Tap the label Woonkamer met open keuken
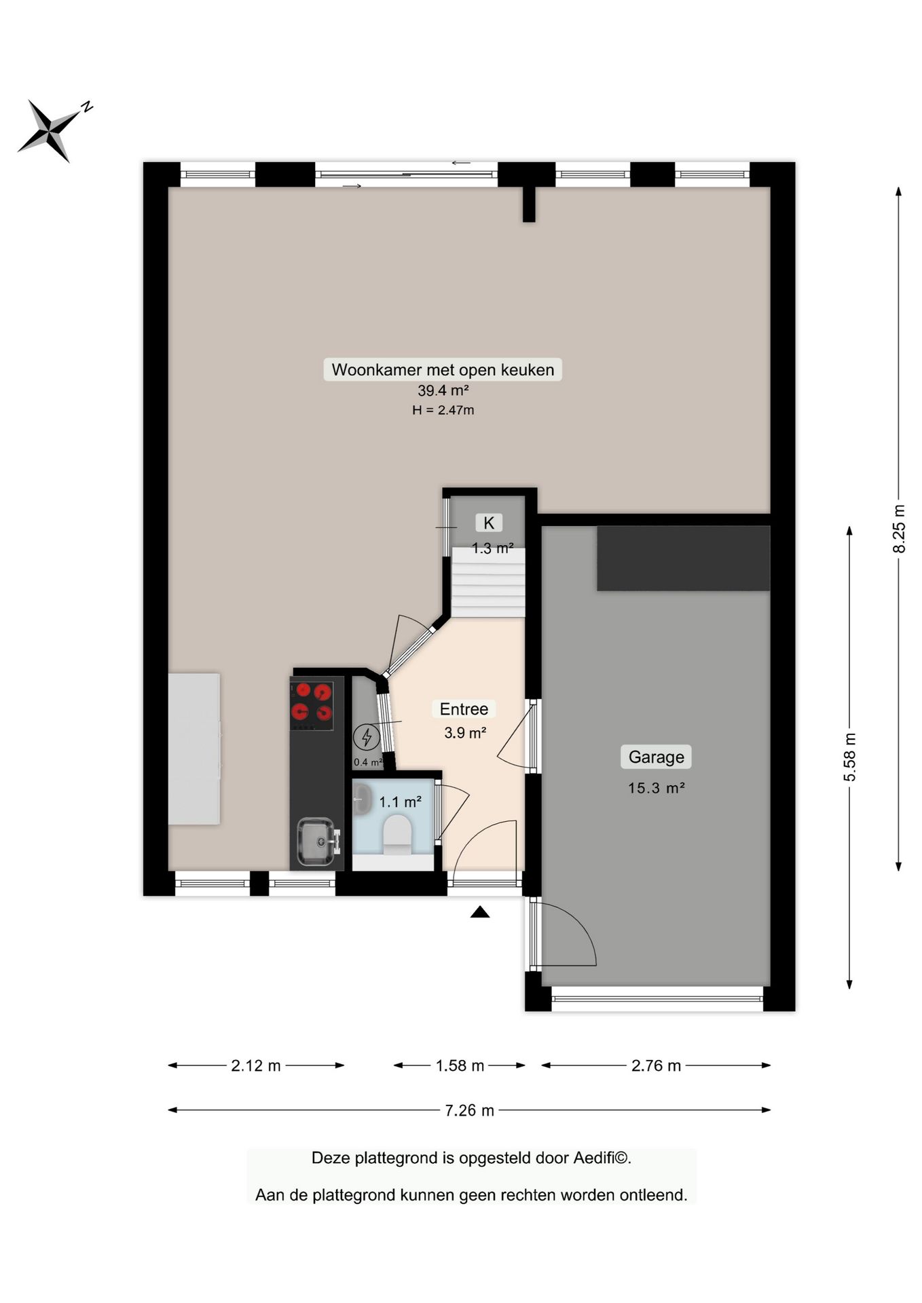[442, 370]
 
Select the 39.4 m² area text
[443, 391]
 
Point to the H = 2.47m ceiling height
[443, 410]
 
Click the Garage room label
[656, 757]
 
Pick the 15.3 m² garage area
[656, 788]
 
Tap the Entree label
[464, 709]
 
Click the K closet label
[489, 523]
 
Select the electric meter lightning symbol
[367, 737]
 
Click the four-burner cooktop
[312, 703]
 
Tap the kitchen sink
[316, 842]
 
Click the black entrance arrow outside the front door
[480, 912]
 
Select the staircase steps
[489, 584]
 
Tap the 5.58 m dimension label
[849, 757]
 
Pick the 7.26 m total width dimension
[469, 1111]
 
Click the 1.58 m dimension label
[460, 1065]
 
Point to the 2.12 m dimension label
[255, 1065]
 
